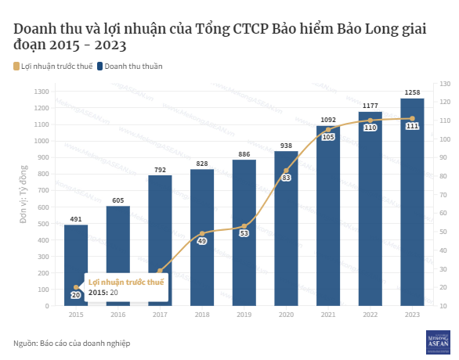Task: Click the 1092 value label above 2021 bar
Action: point(328,120)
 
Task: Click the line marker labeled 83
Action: point(286,178)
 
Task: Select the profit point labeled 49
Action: point(202,241)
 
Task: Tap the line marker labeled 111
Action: point(412,126)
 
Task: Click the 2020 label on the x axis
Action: point(286,314)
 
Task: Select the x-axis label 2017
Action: point(160,314)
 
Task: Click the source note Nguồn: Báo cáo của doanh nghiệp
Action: point(72,343)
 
